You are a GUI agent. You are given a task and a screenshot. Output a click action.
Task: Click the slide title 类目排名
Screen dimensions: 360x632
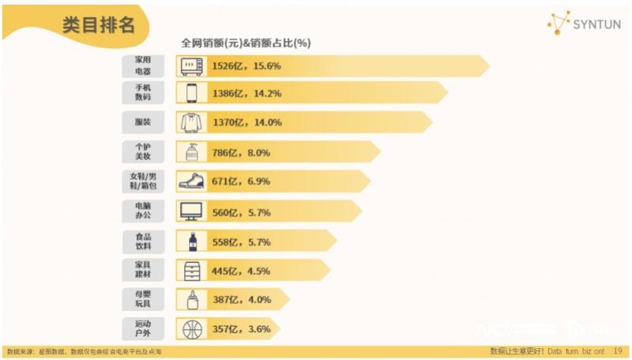[x=99, y=24]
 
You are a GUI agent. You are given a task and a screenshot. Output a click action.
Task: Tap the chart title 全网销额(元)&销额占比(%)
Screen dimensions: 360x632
[x=246, y=43]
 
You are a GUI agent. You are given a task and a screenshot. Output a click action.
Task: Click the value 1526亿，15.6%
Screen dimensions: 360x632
[x=246, y=66]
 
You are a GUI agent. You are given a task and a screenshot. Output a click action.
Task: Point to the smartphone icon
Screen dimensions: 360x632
[x=191, y=93]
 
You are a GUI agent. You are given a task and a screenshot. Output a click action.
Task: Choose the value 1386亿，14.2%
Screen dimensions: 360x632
[x=246, y=93]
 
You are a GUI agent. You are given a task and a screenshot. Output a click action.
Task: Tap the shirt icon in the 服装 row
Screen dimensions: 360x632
[x=191, y=122]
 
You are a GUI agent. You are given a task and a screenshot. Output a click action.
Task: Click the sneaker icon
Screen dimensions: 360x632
[x=191, y=182]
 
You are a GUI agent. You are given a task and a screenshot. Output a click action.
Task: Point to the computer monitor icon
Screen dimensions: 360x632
[x=191, y=211]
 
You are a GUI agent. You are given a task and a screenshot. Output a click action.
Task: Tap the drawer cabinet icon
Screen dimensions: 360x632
[x=191, y=271]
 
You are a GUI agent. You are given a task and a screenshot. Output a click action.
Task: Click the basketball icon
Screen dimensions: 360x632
[x=191, y=328]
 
